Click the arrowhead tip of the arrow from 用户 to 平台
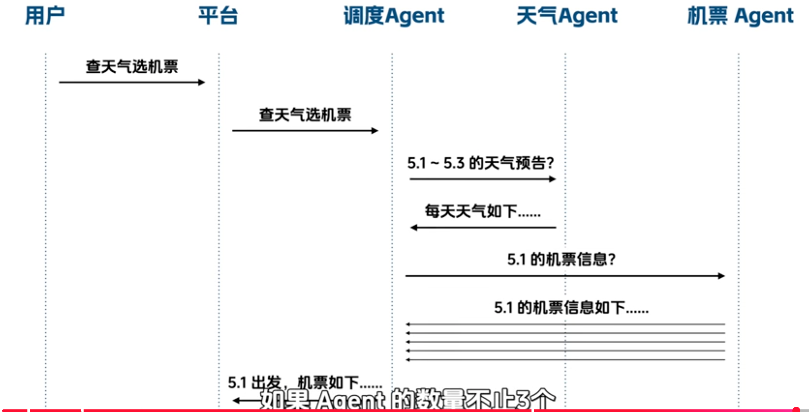pyautogui.click(x=205, y=82)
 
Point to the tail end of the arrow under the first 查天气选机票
pyautogui.click(x=59, y=82)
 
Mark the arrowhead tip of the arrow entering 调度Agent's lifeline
pyautogui.click(x=378, y=131)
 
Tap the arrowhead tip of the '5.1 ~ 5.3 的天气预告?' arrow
pyautogui.click(x=556, y=179)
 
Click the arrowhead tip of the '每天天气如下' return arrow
pyautogui.click(x=410, y=228)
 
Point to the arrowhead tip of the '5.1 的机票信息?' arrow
pyautogui.click(x=725, y=276)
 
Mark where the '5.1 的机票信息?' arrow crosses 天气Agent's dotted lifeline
pyautogui.click(x=565, y=276)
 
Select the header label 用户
pyautogui.click(x=45, y=16)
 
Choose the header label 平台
pyautogui.click(x=218, y=16)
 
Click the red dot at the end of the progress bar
pyautogui.click(x=796, y=409)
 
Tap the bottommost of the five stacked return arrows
pyautogui.click(x=565, y=360)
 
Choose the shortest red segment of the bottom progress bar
pyautogui.click(x=14, y=411)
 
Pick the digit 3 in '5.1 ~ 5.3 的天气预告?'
pyautogui.click(x=460, y=163)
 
